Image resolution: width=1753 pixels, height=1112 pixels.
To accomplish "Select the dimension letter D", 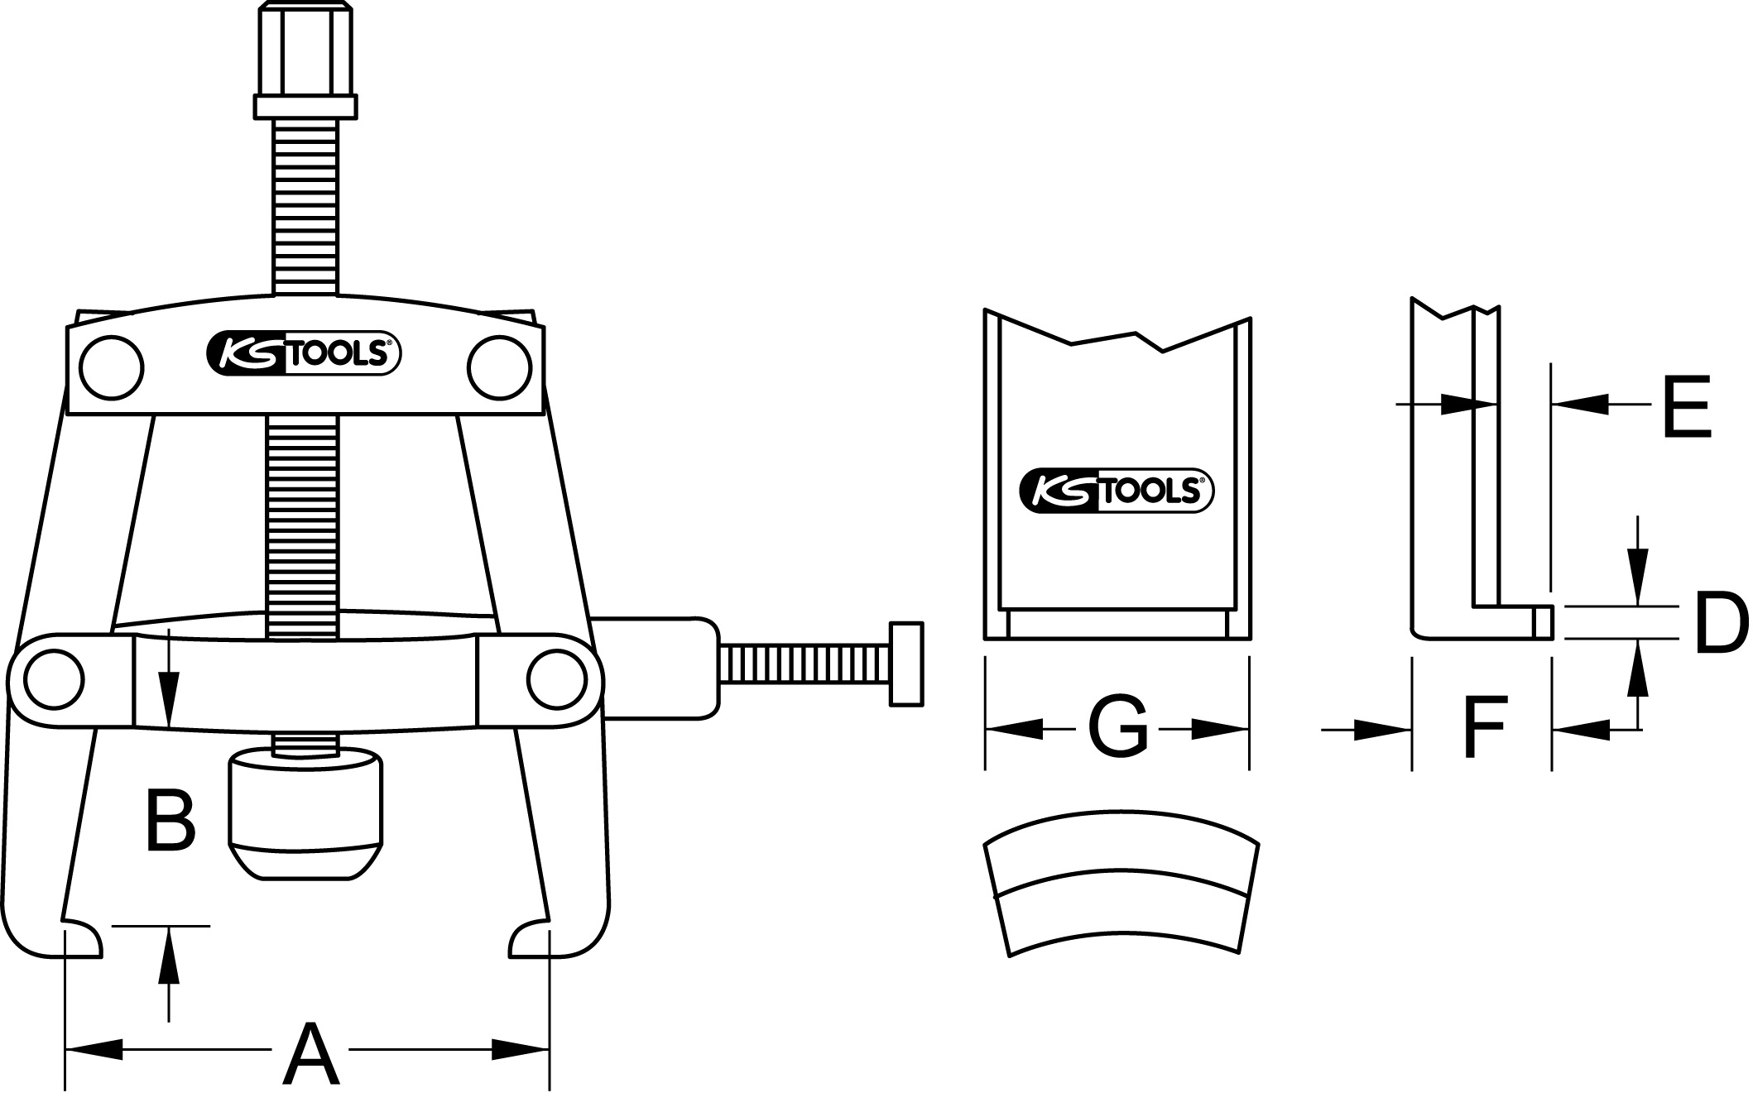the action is [x=1722, y=622].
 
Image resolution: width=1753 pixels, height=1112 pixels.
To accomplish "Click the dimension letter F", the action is [x=1485, y=727].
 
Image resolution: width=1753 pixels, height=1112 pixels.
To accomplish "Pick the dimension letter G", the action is [x=1117, y=727].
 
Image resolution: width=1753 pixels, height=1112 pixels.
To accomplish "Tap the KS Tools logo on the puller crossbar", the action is [x=304, y=354].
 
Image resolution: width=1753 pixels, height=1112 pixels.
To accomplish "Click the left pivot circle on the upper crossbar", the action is [x=112, y=367].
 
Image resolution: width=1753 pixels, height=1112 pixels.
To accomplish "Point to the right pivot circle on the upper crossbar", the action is [x=499, y=367].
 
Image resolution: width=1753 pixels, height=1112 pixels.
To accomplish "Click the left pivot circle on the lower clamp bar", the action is [x=55, y=679].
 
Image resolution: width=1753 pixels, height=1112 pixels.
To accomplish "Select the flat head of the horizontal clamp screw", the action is [x=905, y=664].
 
